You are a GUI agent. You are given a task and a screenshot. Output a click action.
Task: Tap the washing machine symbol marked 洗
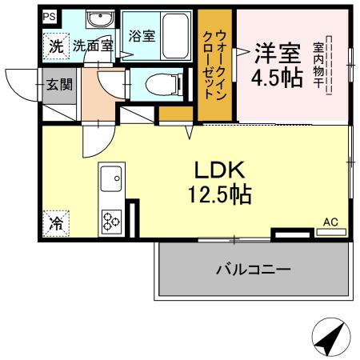point(55,46)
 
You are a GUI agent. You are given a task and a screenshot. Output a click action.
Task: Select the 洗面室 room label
point(93,46)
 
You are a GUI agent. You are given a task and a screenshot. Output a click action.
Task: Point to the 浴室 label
point(141,35)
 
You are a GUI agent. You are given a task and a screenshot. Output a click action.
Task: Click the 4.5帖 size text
point(277,78)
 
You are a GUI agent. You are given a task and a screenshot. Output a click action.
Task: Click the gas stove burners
point(111,218)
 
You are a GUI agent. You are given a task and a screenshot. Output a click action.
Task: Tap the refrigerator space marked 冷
point(57,224)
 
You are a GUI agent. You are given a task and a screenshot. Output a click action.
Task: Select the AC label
point(330,222)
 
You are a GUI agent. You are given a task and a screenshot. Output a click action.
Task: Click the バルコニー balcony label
point(252,270)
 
